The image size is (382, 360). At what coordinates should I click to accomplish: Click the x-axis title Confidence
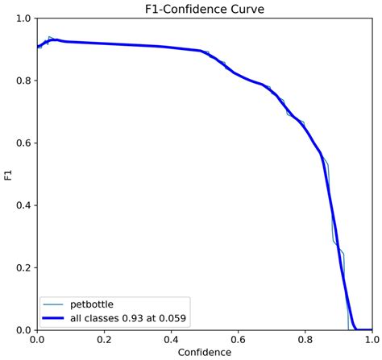pyautogui.click(x=205, y=352)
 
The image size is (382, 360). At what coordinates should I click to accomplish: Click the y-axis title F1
pyautogui.click(x=7, y=174)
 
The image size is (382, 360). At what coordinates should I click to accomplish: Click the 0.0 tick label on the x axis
pyautogui.click(x=37, y=339)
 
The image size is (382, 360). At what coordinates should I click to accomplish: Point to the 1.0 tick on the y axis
pyautogui.click(x=24, y=19)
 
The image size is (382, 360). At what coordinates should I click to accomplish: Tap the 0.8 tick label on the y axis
pyautogui.click(x=24, y=81)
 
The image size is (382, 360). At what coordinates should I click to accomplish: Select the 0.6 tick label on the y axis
pyautogui.click(x=24, y=143)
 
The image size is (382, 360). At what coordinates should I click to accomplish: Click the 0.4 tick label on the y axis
pyautogui.click(x=24, y=205)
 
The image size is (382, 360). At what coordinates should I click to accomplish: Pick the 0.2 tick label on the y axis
pyautogui.click(x=24, y=267)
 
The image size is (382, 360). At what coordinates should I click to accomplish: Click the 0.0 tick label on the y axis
pyautogui.click(x=24, y=329)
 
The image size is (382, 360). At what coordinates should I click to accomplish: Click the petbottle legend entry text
pyautogui.click(x=96, y=304)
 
